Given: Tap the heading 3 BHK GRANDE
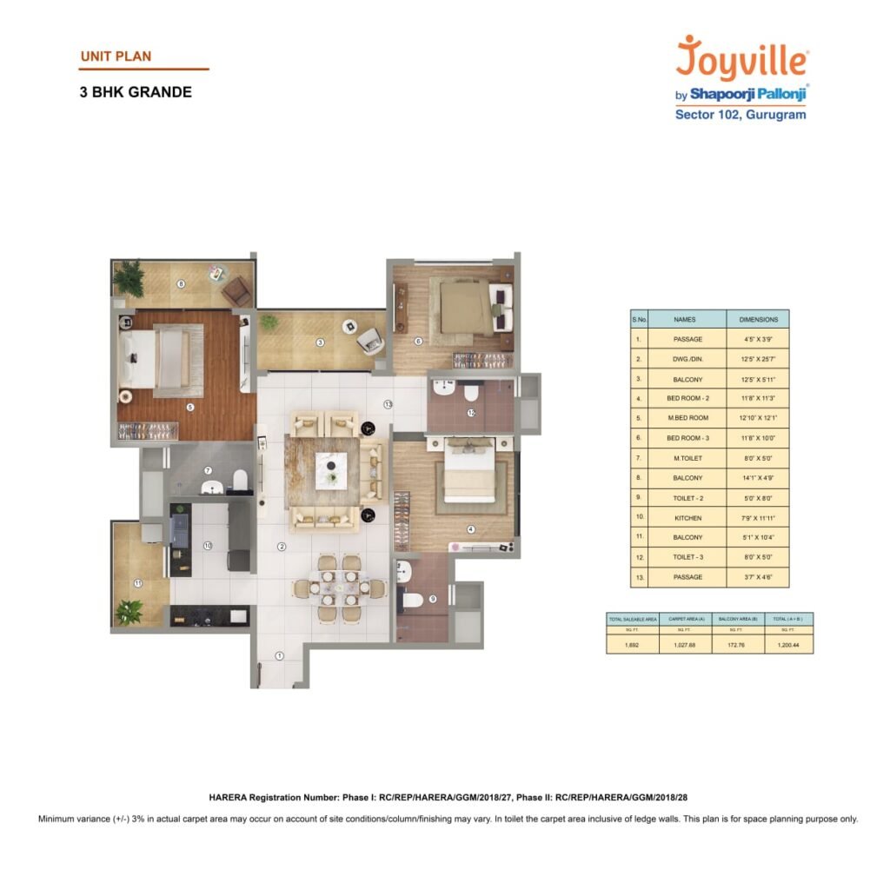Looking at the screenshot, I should (x=136, y=91).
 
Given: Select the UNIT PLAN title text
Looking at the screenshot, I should (x=116, y=56).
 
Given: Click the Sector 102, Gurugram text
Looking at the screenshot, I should (x=741, y=115).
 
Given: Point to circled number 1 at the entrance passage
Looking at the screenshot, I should (x=279, y=656).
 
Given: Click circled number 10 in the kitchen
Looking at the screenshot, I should (x=208, y=546).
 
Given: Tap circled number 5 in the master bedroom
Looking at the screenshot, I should (x=191, y=406).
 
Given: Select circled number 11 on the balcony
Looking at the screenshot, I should (x=136, y=583).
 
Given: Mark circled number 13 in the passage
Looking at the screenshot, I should (x=388, y=404).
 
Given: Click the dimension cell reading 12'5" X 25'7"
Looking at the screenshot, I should (x=757, y=359).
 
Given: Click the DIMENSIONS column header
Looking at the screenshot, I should (x=757, y=319).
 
